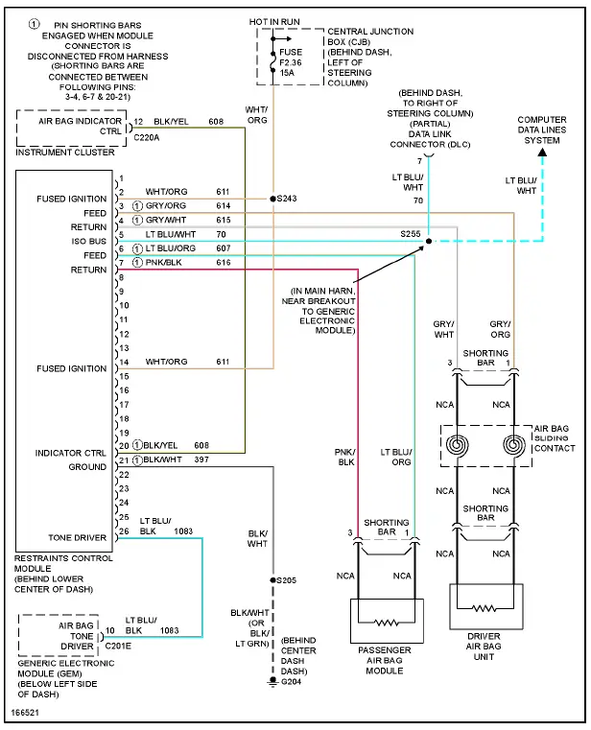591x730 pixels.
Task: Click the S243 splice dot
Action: [273, 199]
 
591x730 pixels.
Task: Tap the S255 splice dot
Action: [428, 241]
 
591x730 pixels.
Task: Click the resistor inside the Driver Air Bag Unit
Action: [485, 608]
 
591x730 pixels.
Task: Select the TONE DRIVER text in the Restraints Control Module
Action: [78, 537]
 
